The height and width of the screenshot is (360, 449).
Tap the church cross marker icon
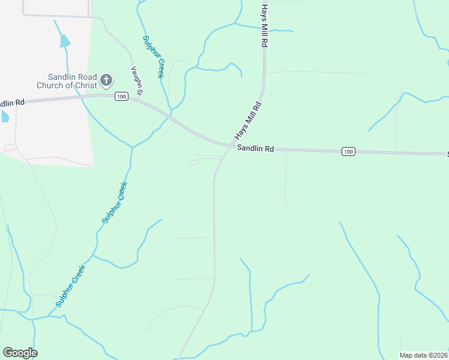[106, 80]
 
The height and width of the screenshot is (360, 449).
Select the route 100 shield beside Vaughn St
[121, 97]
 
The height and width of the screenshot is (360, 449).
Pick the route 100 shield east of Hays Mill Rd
[348, 151]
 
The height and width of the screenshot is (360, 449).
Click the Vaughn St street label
[136, 80]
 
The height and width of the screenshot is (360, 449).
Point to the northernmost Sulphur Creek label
[153, 56]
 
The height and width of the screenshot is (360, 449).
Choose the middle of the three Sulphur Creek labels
[115, 202]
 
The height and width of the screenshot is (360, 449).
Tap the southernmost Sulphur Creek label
[71, 286]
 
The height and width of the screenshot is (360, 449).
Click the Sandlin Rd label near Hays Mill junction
[255, 148]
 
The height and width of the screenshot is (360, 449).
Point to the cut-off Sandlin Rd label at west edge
[12, 103]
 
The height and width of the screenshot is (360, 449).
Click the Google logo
[20, 353]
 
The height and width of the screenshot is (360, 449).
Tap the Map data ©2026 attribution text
[423, 355]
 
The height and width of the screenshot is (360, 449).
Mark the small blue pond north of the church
[64, 41]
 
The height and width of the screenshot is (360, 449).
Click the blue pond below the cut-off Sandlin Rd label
[4, 116]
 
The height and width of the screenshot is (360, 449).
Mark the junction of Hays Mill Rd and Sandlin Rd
[231, 146]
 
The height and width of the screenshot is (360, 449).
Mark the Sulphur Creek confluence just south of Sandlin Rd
[131, 146]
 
